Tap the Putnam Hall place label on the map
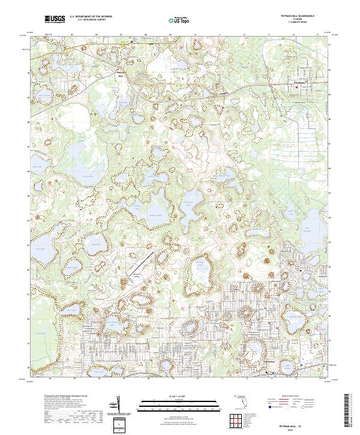122,74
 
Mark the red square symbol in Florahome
296,89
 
